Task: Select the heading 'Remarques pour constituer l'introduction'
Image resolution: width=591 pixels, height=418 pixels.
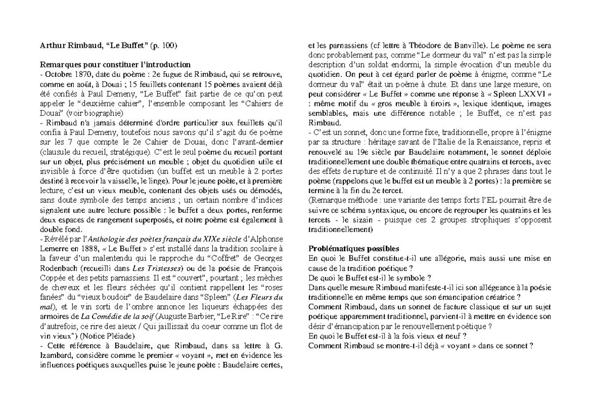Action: coord(115,64)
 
